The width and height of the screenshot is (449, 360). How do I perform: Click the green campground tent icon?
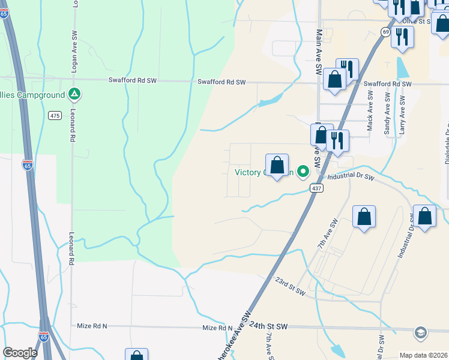pyautogui.click(x=74, y=94)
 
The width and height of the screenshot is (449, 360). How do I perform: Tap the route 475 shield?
pyautogui.click(x=55, y=115)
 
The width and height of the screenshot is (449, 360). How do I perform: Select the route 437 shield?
pyautogui.click(x=316, y=188)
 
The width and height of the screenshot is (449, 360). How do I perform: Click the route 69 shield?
pyautogui.click(x=385, y=32)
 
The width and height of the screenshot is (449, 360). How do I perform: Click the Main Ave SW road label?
pyautogui.click(x=319, y=53)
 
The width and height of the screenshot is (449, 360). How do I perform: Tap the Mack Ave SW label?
pyautogui.click(x=370, y=103)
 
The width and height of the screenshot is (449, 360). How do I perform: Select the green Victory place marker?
pyautogui.click(x=304, y=172)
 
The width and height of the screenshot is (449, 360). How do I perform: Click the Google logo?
pyautogui.click(x=20, y=353)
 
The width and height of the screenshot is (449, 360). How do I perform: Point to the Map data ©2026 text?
pyautogui.click(x=424, y=355)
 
